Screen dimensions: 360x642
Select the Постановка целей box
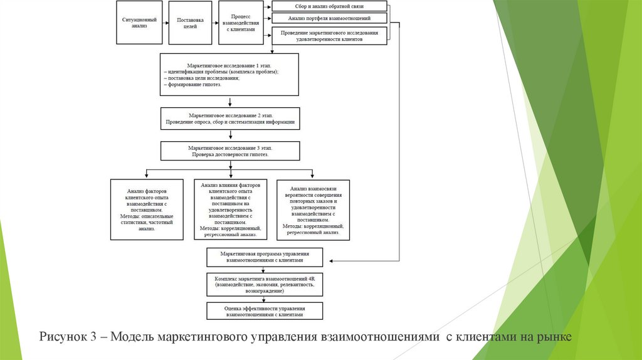(x=190, y=23)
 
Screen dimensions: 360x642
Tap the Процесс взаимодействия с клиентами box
(x=240, y=23)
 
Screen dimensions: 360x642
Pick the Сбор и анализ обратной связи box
(x=329, y=6)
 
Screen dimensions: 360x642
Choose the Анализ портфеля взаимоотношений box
(x=329, y=19)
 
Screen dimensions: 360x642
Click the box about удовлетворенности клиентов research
(x=329, y=35)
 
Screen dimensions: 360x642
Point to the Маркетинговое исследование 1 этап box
(x=229, y=74)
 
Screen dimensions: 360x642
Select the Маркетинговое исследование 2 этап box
(x=229, y=118)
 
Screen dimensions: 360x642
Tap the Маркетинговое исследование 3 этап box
(x=229, y=151)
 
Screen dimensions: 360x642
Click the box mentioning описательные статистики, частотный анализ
(x=147, y=209)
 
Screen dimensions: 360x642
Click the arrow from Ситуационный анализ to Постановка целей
(x=165, y=23)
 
